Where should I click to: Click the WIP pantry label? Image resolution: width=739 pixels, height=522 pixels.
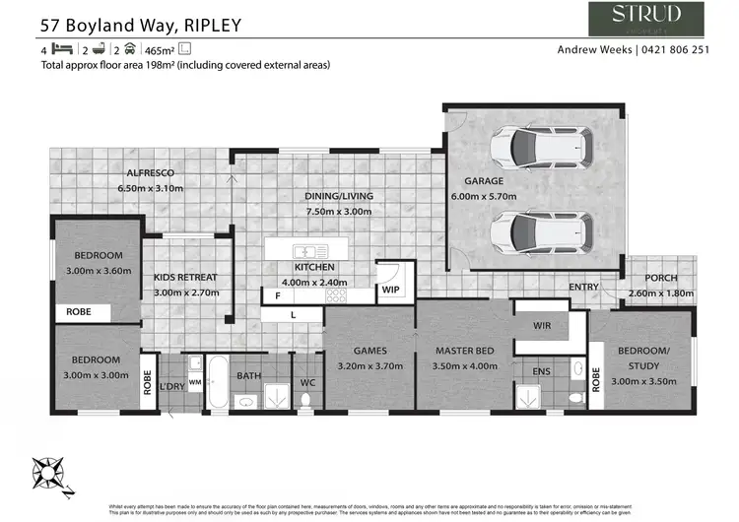pyautogui.click(x=390, y=290)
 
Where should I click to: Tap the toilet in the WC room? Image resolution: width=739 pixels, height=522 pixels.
pyautogui.click(x=306, y=398)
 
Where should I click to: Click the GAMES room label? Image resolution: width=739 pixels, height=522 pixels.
pyautogui.click(x=370, y=351)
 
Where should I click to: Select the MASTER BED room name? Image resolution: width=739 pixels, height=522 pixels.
pyautogui.click(x=463, y=351)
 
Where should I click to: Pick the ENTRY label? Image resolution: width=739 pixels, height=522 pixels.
pyautogui.click(x=582, y=288)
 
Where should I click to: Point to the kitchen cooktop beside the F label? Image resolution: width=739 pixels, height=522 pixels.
pyautogui.click(x=336, y=294)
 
